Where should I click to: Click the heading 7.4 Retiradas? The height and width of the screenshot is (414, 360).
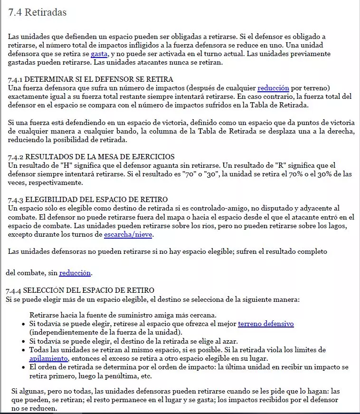pos(38,13)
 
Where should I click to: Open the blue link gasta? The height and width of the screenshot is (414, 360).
pos(99,53)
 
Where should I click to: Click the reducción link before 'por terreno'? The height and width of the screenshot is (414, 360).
pos(273,87)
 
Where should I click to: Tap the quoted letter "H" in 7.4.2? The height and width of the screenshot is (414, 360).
pos(65,165)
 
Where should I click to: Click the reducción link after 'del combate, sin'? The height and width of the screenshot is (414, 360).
pos(75,273)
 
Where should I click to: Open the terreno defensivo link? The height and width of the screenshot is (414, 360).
pos(265,324)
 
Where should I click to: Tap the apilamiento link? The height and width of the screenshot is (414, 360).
pos(49,358)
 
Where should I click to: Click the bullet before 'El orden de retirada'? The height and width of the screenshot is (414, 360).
pos(24,367)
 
